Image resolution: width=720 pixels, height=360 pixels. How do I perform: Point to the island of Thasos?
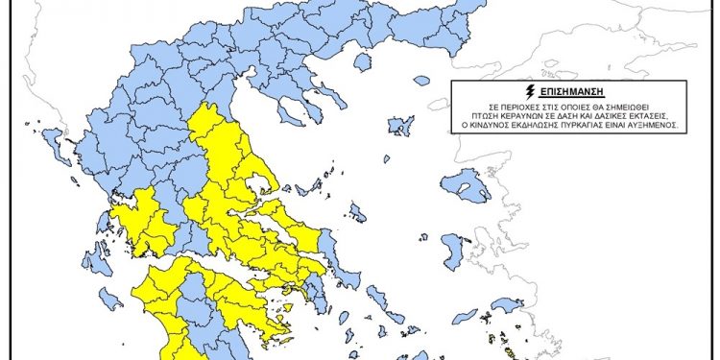(x=362, y=62)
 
